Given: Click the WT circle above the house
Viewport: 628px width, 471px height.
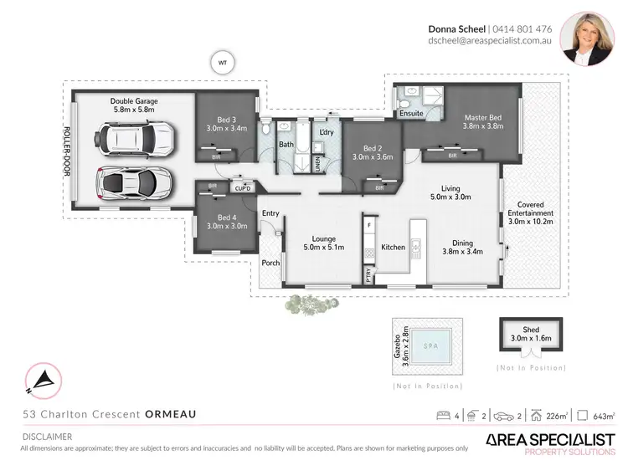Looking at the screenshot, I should pos(223,63).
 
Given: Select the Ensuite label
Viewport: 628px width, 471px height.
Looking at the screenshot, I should pos(411,111).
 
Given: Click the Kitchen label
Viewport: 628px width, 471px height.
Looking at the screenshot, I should pos(394,247).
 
